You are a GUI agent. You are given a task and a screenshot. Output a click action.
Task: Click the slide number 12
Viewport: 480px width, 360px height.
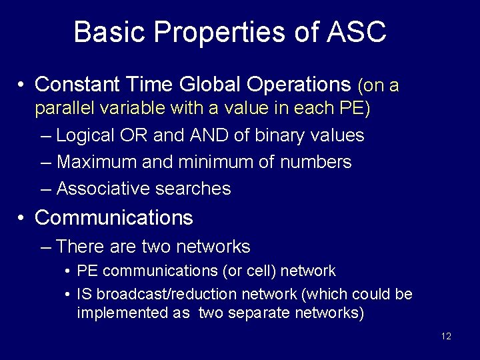point(446,336)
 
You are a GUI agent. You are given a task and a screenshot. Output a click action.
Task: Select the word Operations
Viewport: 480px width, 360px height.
point(299,85)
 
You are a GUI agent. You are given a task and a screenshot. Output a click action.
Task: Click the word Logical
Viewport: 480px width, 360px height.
point(85,135)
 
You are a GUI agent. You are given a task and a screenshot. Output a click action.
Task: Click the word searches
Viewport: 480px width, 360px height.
point(193,189)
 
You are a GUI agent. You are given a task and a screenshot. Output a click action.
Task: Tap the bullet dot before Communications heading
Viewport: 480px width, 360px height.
point(22,218)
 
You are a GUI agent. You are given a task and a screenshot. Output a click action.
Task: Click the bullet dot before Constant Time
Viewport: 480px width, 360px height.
point(22,85)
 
